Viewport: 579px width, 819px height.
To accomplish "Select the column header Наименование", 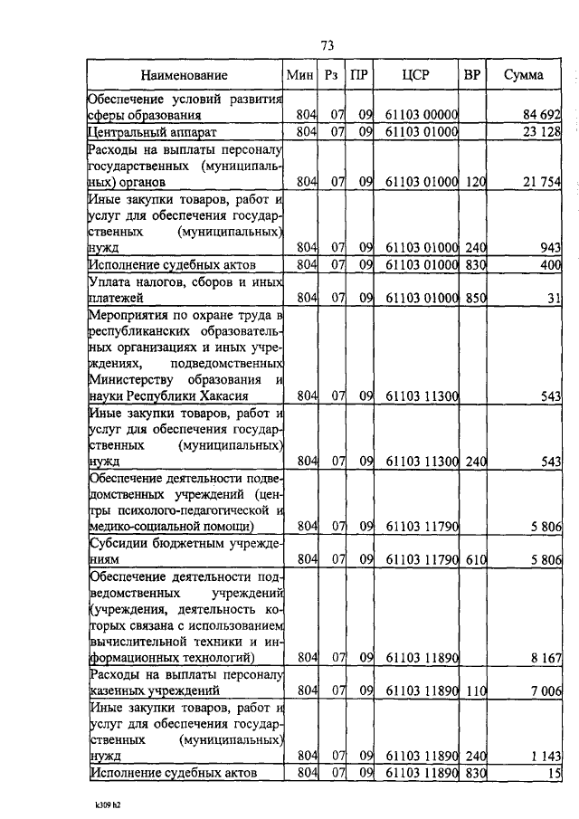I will [x=184, y=75].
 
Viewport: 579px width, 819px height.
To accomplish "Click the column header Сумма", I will [x=524, y=75].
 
